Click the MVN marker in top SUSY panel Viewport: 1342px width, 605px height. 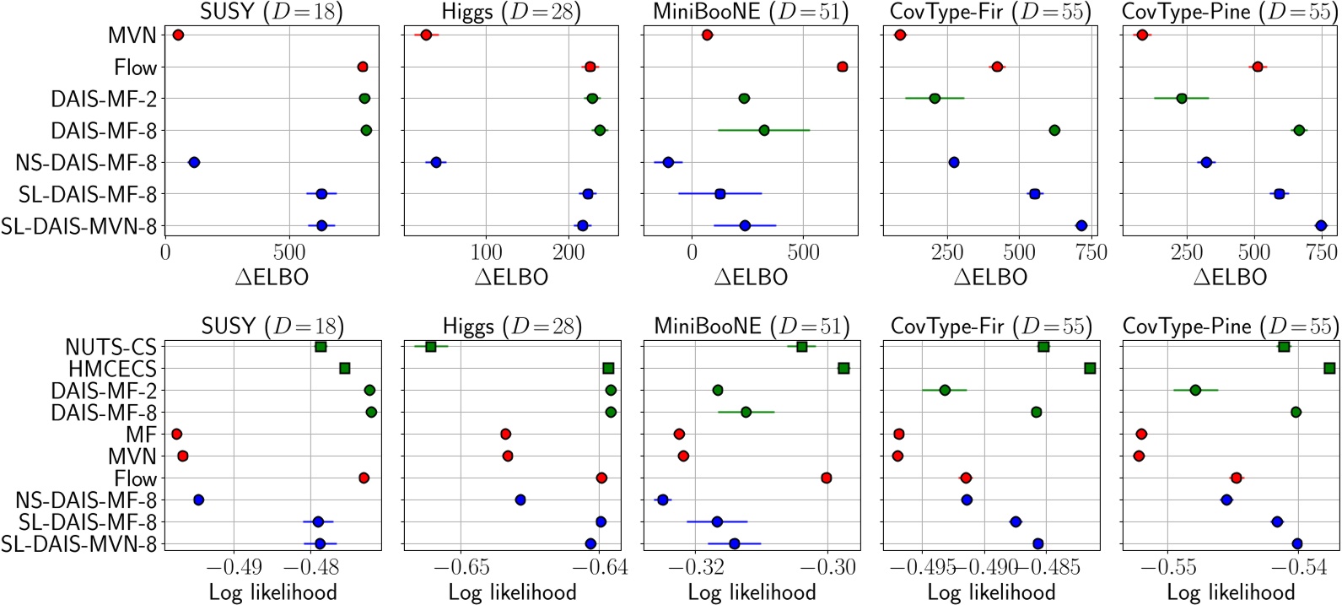pyautogui.click(x=178, y=35)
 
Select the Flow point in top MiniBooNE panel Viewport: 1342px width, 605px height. pyautogui.click(x=842, y=67)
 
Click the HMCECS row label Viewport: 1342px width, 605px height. pyautogui.click(x=113, y=369)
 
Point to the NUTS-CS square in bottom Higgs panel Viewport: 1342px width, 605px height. pyautogui.click(x=431, y=347)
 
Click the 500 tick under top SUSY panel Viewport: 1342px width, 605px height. pyautogui.click(x=289, y=251)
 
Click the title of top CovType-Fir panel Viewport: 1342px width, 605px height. pyautogui.click(x=990, y=13)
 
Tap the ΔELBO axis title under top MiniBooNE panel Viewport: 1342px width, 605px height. pyautogui.click(x=751, y=277)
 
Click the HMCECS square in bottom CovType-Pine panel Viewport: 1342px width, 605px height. pyautogui.click(x=1329, y=368)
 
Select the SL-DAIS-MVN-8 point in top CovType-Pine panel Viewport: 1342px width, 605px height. pyautogui.click(x=1321, y=225)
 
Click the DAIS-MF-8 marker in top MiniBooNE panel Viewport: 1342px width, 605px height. pyautogui.click(x=764, y=130)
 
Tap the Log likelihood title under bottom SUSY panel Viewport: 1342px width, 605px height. pyautogui.click(x=272, y=592)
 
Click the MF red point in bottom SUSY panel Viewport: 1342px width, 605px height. pyautogui.click(x=176, y=434)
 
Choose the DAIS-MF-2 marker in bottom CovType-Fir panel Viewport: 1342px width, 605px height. pyautogui.click(x=945, y=390)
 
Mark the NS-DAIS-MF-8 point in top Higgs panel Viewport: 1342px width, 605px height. pyautogui.click(x=436, y=162)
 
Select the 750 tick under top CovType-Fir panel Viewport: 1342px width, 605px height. pyautogui.click(x=1091, y=251)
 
